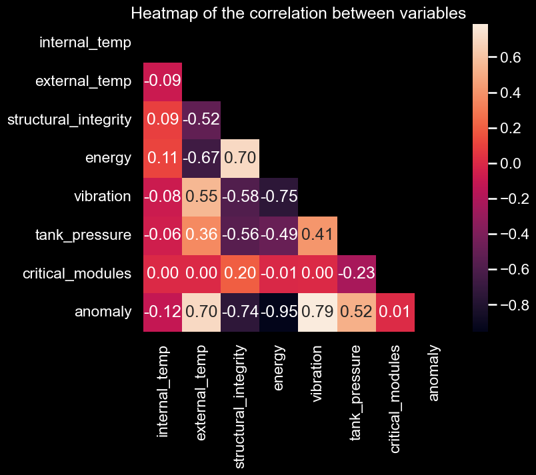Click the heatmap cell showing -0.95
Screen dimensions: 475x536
point(279,312)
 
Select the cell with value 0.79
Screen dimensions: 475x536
point(318,312)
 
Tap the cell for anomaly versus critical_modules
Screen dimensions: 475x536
point(395,312)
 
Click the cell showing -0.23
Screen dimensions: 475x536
point(357,273)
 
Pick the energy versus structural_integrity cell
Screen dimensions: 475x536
point(241,158)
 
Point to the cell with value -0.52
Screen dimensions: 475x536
point(202,120)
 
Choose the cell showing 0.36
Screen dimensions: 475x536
point(202,235)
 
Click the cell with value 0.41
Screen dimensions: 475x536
point(318,235)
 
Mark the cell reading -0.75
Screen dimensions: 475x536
point(279,197)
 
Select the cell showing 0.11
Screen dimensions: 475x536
point(163,158)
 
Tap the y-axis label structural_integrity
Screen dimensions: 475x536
point(69,120)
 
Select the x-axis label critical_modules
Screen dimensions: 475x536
point(395,399)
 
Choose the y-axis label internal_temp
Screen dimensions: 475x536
point(85,43)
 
